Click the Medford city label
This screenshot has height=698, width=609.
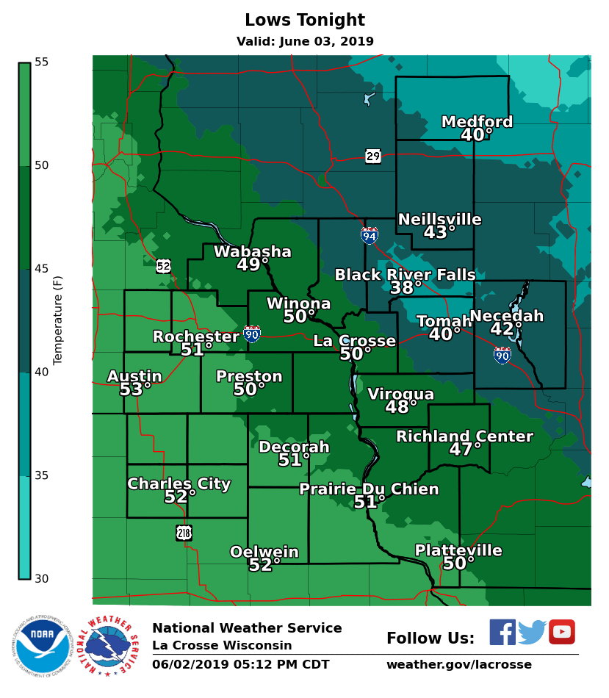point(477,122)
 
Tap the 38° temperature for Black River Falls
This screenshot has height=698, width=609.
point(406,288)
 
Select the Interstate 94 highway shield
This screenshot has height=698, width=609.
point(370,235)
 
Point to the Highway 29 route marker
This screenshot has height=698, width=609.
point(373,156)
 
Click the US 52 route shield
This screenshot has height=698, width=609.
point(163,266)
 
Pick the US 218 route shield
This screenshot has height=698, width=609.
point(184,533)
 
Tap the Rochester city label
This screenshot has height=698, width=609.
point(195,337)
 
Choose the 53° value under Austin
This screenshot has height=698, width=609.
point(135,389)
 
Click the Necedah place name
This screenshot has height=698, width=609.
point(506,316)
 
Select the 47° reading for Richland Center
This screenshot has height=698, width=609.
point(465,449)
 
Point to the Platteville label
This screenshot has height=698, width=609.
point(458,550)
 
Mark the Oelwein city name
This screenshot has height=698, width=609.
point(264,552)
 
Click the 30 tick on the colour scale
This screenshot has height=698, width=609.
point(41,579)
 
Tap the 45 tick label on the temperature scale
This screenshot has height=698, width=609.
point(41,269)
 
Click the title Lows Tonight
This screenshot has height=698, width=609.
point(304,21)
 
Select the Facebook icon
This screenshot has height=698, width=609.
point(502,632)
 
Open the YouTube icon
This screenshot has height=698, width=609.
point(562,632)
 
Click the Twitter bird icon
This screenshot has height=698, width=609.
point(532,632)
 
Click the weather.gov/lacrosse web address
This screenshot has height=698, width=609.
point(459,665)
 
